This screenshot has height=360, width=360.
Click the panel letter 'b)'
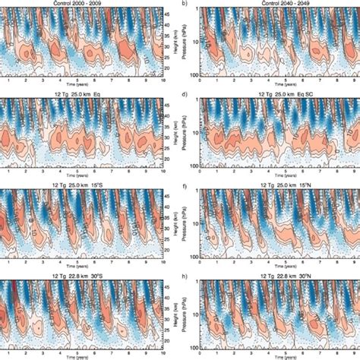(185, 4)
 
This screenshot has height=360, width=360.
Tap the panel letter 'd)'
(185, 93)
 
